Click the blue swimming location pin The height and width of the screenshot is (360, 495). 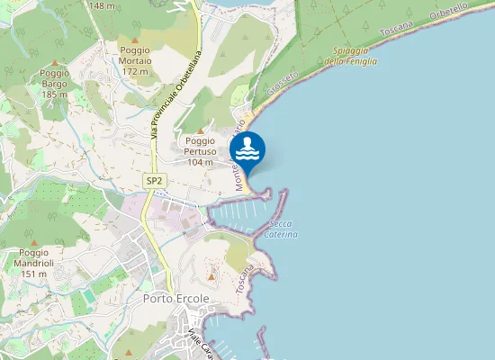point(247,149)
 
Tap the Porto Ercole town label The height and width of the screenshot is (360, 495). point(175,298)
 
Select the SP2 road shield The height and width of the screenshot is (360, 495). point(155,181)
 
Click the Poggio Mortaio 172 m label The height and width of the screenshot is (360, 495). point(135,60)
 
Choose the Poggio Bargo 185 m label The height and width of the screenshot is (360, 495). point(55,83)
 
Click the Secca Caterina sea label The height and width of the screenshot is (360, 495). point(281,229)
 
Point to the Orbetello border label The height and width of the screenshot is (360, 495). point(451,18)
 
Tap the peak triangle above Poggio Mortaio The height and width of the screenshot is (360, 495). point(135,40)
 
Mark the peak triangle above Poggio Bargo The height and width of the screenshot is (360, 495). point(55,62)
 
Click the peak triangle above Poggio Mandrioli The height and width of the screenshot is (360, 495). point(33,242)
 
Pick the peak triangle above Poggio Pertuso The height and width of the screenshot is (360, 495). point(200,130)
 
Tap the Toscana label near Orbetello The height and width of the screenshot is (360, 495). point(401,38)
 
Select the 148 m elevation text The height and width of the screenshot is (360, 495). point(102,5)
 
